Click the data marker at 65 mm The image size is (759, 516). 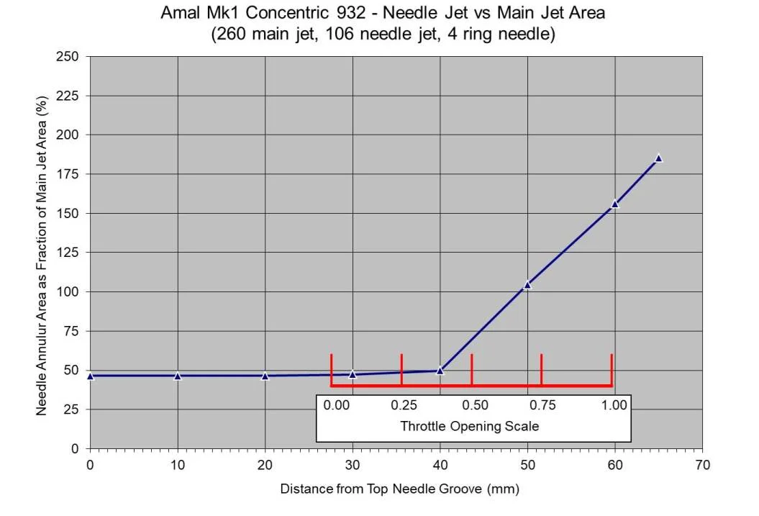point(658,158)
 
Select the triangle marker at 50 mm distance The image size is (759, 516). point(527,285)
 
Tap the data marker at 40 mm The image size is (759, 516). point(440,371)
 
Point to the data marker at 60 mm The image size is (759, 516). point(614,204)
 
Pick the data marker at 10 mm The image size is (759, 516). point(178,376)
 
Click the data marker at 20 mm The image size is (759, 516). point(265,376)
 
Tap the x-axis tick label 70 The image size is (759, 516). point(702,466)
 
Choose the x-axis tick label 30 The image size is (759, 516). point(353,466)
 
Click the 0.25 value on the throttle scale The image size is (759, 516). point(403,405)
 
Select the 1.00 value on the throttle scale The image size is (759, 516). point(614,405)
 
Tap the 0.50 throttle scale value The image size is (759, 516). point(473,405)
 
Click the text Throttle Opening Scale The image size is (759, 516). point(469,426)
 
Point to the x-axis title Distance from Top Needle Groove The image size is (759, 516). point(399,489)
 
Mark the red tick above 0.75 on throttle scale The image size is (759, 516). point(541,368)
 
